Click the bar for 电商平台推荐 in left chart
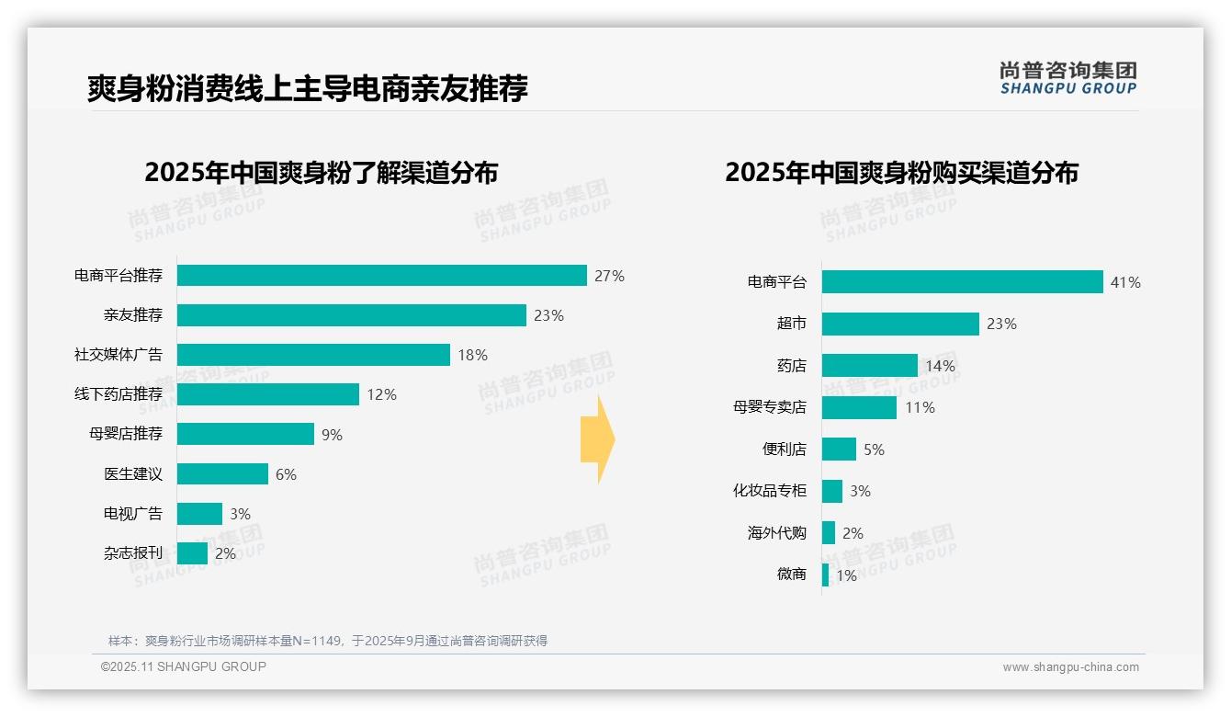(x=381, y=276)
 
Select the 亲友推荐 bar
(x=351, y=315)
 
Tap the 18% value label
(x=472, y=355)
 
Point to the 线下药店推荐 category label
(x=119, y=394)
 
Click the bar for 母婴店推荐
(x=245, y=434)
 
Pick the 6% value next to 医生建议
(x=286, y=474)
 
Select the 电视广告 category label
(x=132, y=514)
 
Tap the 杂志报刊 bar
(x=192, y=553)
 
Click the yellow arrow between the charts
(x=597, y=439)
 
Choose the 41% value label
(x=1125, y=282)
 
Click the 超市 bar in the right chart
(x=900, y=324)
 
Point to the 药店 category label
(x=791, y=366)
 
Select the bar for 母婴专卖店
(x=859, y=407)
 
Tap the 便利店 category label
(x=784, y=450)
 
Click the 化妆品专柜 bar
(x=832, y=491)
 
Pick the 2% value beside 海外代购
(x=853, y=533)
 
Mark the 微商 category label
(x=791, y=575)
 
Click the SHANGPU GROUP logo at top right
(x=1067, y=78)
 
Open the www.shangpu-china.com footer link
(x=1070, y=667)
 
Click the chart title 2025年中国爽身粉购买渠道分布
(x=901, y=173)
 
